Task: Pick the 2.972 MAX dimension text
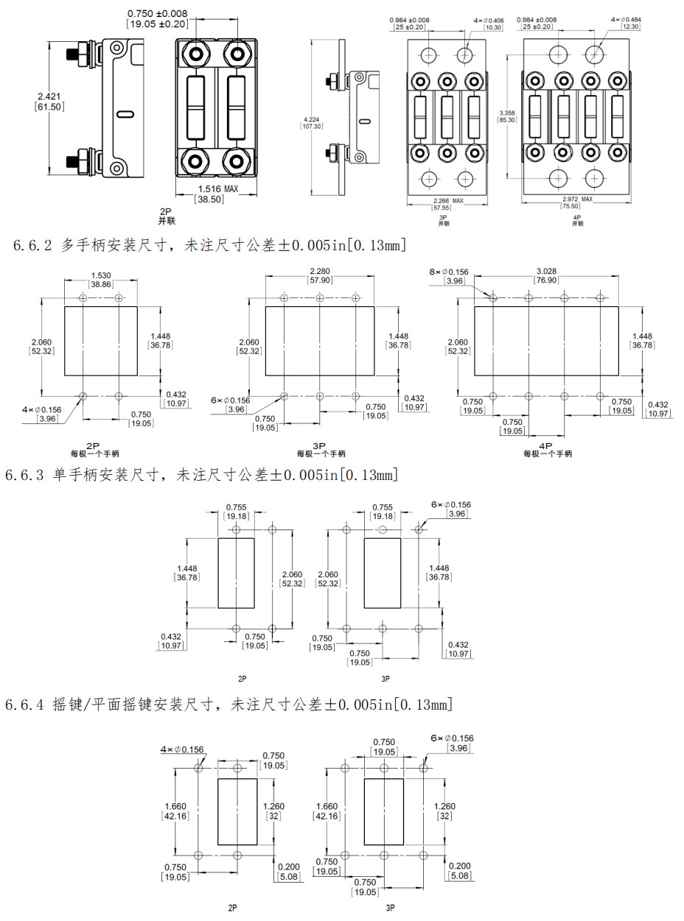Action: tap(577, 199)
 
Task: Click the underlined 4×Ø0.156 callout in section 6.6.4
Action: tap(182, 749)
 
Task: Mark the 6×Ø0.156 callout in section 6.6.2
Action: tap(231, 400)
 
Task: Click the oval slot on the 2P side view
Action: tap(125, 114)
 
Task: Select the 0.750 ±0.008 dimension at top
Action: tap(157, 13)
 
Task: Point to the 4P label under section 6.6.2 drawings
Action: tap(545, 446)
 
